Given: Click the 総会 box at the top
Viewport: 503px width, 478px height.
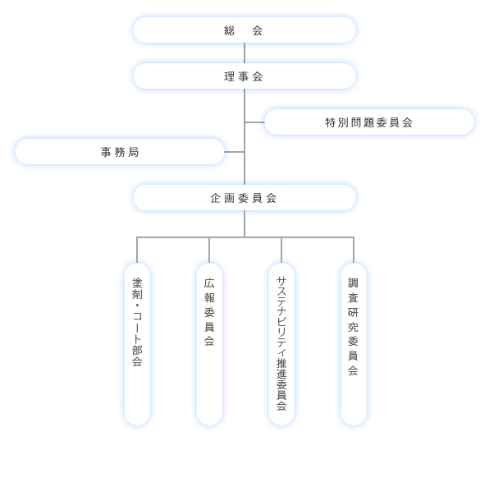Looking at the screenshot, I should (x=245, y=30).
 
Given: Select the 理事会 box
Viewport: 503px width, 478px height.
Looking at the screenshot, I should (x=245, y=76).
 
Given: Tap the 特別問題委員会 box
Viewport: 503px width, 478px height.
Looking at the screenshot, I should (x=369, y=122).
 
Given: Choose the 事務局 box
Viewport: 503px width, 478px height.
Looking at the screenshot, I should (x=120, y=152).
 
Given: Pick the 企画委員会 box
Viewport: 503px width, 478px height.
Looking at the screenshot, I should (x=245, y=198).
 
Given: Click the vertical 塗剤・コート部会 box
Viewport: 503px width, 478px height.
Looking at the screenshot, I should (x=137, y=343).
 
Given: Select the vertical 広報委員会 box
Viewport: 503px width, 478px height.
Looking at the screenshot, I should (x=209, y=343).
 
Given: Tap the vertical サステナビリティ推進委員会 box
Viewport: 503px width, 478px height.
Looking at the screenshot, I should (x=281, y=343).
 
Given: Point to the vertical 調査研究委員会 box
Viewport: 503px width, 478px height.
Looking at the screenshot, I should (x=354, y=343).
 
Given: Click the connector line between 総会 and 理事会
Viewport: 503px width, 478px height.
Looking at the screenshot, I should (x=245, y=53).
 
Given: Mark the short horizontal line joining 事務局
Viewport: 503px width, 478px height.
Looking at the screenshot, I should (x=234, y=152).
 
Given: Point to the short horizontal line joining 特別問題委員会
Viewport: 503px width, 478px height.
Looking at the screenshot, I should (x=254, y=122).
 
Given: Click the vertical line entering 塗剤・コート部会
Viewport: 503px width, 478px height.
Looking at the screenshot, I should (x=137, y=250).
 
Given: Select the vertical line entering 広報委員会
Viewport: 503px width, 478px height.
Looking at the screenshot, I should (x=209, y=250).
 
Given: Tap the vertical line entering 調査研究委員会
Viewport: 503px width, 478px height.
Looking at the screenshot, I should (x=354, y=250).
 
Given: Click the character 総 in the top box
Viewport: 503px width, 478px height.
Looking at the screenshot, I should (x=230, y=30).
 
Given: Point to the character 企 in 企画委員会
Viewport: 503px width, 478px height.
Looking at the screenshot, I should (x=216, y=198).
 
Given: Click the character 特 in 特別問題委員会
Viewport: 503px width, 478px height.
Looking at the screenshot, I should (x=331, y=122).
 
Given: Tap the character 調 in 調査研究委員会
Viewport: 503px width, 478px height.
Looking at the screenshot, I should (x=354, y=283).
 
